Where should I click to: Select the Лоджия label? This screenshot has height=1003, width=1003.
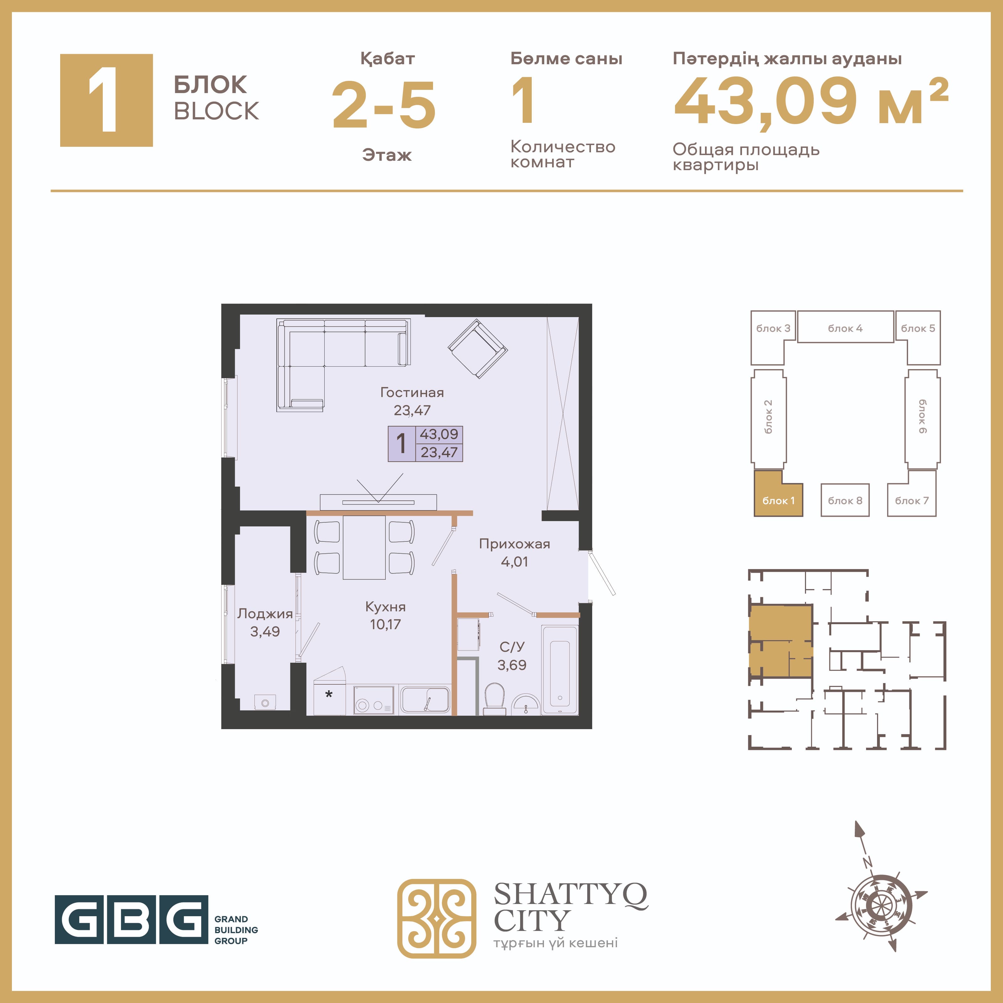265,614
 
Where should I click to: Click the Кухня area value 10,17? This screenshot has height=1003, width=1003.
385,624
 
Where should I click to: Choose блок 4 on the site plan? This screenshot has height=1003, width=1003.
845,327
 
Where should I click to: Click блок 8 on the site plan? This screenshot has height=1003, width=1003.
845,500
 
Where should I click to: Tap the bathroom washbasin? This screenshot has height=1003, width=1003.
525,704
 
